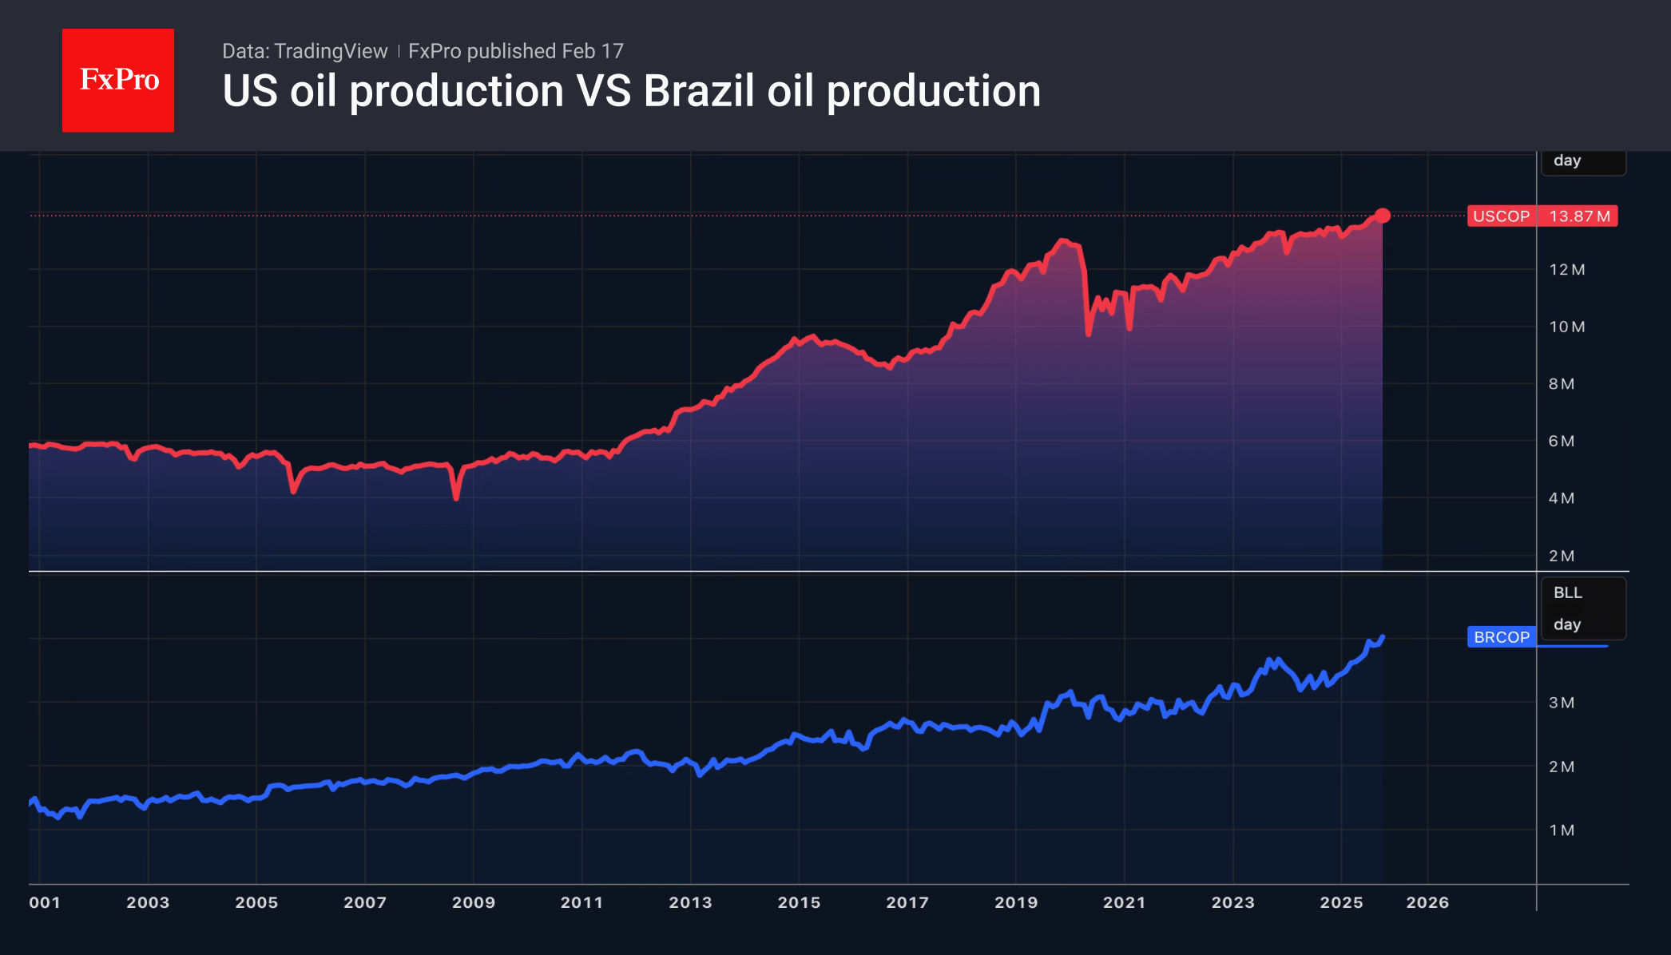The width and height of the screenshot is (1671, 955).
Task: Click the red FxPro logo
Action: pyautogui.click(x=118, y=81)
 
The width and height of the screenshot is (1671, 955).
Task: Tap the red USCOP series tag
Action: pyautogui.click(x=1501, y=216)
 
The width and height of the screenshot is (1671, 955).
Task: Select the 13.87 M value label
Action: pyautogui.click(x=1579, y=216)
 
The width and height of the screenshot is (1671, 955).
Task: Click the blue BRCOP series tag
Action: pyautogui.click(x=1501, y=637)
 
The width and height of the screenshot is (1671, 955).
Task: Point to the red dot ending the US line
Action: pyautogui.click(x=1383, y=216)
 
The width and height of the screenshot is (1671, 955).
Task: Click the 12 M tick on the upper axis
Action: pyautogui.click(x=1566, y=270)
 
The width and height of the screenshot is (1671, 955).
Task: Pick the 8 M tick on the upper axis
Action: pyautogui.click(x=1561, y=384)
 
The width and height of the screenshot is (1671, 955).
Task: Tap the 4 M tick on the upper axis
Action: pyautogui.click(x=1561, y=498)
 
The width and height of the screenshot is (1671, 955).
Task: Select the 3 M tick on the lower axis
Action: pyautogui.click(x=1561, y=703)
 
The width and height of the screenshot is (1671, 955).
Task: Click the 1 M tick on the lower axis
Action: pyautogui.click(x=1561, y=830)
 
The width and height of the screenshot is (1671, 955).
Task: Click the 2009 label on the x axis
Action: pyautogui.click(x=474, y=902)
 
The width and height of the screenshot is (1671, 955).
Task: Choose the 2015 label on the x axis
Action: pyautogui.click(x=799, y=902)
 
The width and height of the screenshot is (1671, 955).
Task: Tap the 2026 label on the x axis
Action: pyautogui.click(x=1427, y=902)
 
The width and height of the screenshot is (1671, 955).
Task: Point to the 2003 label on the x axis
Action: pyautogui.click(x=148, y=902)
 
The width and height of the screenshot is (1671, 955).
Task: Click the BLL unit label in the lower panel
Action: pyautogui.click(x=1567, y=592)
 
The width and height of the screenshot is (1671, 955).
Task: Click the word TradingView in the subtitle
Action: pyautogui.click(x=331, y=51)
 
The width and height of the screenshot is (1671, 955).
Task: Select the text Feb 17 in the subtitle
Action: pyautogui.click(x=592, y=51)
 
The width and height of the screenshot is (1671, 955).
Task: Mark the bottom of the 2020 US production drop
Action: pyautogui.click(x=1088, y=333)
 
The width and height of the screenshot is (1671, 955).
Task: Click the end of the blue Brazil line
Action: pyautogui.click(x=1383, y=637)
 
